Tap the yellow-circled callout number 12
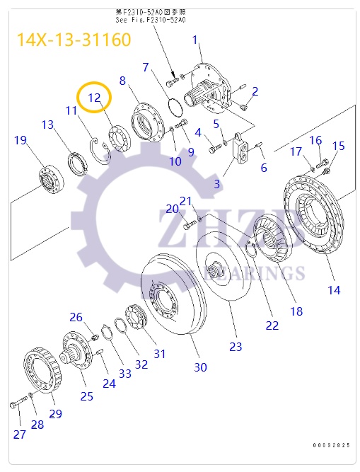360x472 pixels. pyautogui.click(x=95, y=98)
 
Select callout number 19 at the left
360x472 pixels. pyautogui.click(x=21, y=140)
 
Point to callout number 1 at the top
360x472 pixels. pyautogui.click(x=195, y=40)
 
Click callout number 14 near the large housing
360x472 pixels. pyautogui.click(x=333, y=289)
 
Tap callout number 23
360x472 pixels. pyautogui.click(x=236, y=346)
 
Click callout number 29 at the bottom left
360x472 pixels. pyautogui.click(x=55, y=413)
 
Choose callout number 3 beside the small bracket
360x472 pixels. pyautogui.click(x=217, y=184)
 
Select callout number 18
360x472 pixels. pyautogui.click(x=296, y=311)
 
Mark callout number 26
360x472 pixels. pyautogui.click(x=76, y=316)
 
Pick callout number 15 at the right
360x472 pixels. pyautogui.click(x=339, y=146)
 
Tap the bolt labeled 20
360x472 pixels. pyautogui.click(x=187, y=226)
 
